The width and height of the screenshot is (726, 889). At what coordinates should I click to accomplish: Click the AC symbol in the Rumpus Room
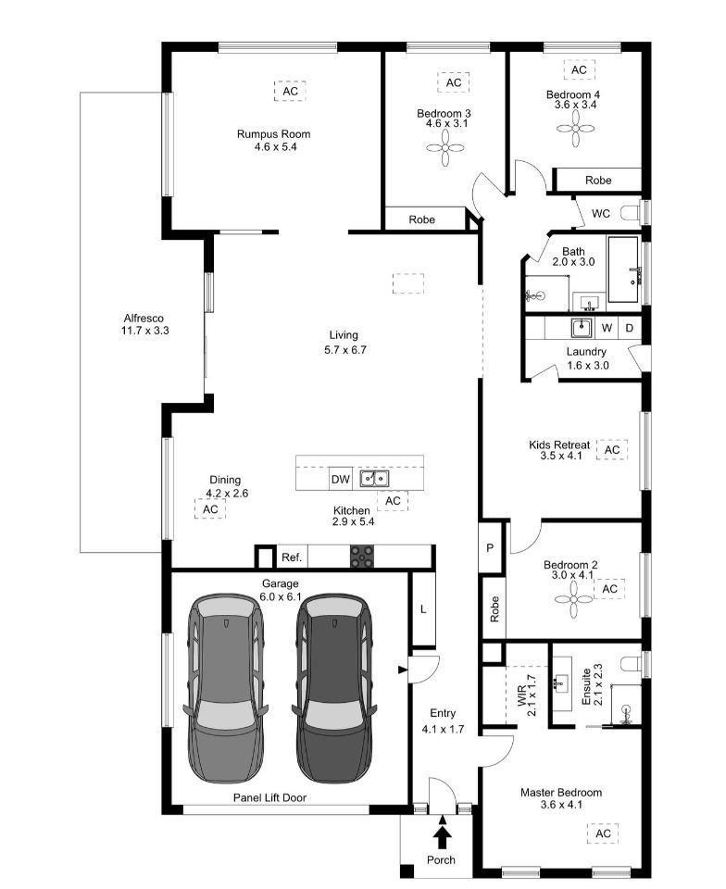pyautogui.click(x=290, y=92)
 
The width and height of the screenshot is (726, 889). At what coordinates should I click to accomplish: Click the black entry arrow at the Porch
pyautogui.click(x=443, y=836)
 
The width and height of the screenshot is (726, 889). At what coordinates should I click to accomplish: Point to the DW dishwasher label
pyautogui.click(x=340, y=479)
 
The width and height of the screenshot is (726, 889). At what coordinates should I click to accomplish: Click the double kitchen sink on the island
pyautogui.click(x=374, y=479)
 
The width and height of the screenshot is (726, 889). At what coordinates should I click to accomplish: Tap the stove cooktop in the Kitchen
pyautogui.click(x=362, y=557)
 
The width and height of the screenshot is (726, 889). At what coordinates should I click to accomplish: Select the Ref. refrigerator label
pyautogui.click(x=292, y=557)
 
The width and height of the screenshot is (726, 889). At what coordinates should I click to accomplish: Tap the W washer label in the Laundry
pyautogui.click(x=607, y=328)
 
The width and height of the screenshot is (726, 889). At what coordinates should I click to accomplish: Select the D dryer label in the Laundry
pyautogui.click(x=629, y=328)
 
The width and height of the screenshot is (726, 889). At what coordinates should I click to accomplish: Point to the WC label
pyautogui.click(x=601, y=213)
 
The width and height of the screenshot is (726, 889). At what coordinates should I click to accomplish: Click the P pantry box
pyautogui.click(x=490, y=548)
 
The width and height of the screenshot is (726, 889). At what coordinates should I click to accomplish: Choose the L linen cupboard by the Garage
pyautogui.click(x=422, y=609)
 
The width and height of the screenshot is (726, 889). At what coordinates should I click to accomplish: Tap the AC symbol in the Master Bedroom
pyautogui.click(x=604, y=833)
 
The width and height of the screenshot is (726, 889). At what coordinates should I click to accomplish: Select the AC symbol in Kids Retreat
pyautogui.click(x=611, y=450)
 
